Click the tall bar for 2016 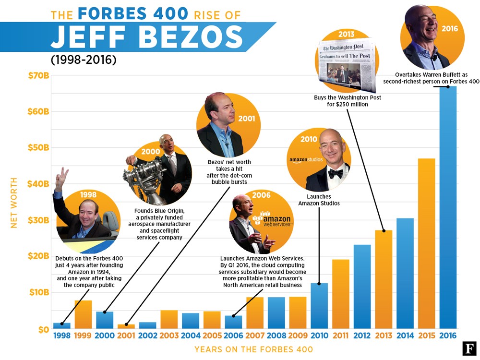click(447, 206)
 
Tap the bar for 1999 click(83, 314)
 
